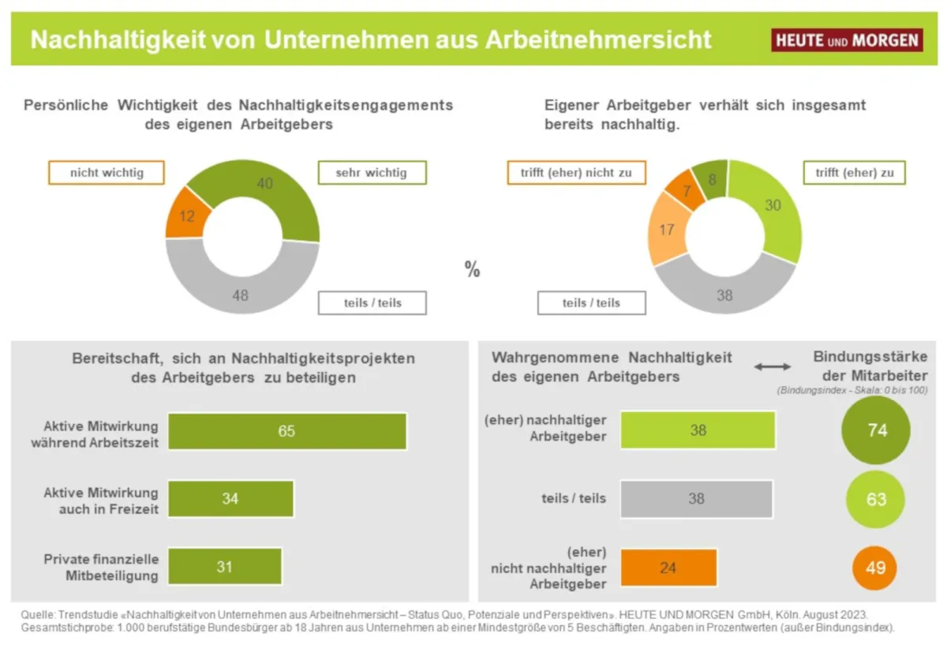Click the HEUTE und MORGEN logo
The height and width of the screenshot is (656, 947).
847,39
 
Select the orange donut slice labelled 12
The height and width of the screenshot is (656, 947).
187,215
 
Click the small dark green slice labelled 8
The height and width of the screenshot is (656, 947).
710,180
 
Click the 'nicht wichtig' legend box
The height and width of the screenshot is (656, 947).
107,173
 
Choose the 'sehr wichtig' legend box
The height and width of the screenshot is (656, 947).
372,173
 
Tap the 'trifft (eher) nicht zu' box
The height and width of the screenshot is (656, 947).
576,173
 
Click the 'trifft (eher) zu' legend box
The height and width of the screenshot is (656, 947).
855,173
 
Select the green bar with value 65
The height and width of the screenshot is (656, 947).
287,431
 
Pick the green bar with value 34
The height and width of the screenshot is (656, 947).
230,499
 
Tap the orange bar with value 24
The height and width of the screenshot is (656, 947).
668,568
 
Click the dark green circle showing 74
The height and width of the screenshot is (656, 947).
876,431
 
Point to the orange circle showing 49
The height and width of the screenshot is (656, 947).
875,568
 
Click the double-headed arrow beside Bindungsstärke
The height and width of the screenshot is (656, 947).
772,366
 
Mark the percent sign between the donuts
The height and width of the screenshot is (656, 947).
472,270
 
